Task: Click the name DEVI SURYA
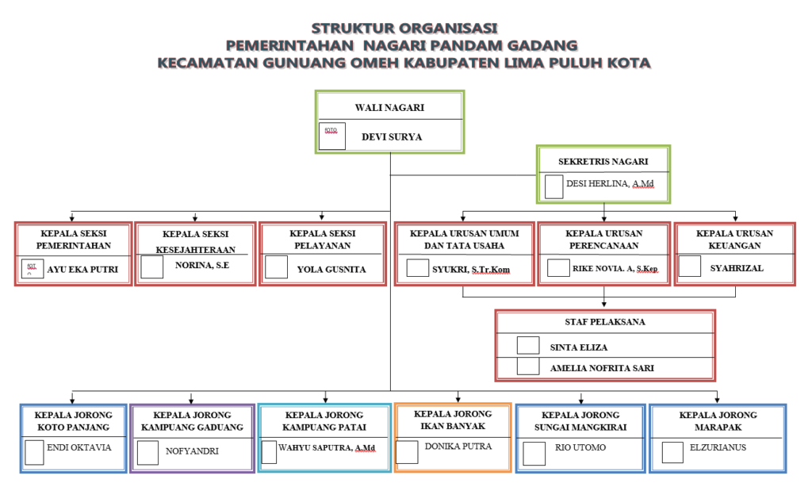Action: pyautogui.click(x=392, y=136)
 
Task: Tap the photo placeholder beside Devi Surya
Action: pyautogui.click(x=332, y=136)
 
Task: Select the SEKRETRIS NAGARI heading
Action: pyautogui.click(x=603, y=161)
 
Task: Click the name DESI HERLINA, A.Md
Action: pyautogui.click(x=610, y=185)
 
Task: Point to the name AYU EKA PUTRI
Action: pyautogui.click(x=82, y=270)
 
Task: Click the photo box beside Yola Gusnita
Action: pyautogui.click(x=276, y=267)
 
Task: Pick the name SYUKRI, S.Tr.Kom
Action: pyautogui.click(x=471, y=270)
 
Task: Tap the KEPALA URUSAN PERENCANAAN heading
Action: pyautogui.click(x=604, y=239)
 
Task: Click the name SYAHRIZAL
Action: pyautogui.click(x=737, y=268)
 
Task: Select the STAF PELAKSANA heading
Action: pyautogui.click(x=606, y=322)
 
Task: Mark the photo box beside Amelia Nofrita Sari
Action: pyautogui.click(x=527, y=366)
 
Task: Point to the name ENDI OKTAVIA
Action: pyautogui.click(x=79, y=447)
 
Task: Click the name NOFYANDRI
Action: pyautogui.click(x=192, y=451)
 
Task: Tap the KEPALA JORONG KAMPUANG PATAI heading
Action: pyautogui.click(x=324, y=421)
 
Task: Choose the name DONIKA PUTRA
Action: pyautogui.click(x=458, y=447)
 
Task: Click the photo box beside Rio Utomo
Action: pyautogui.click(x=534, y=453)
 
